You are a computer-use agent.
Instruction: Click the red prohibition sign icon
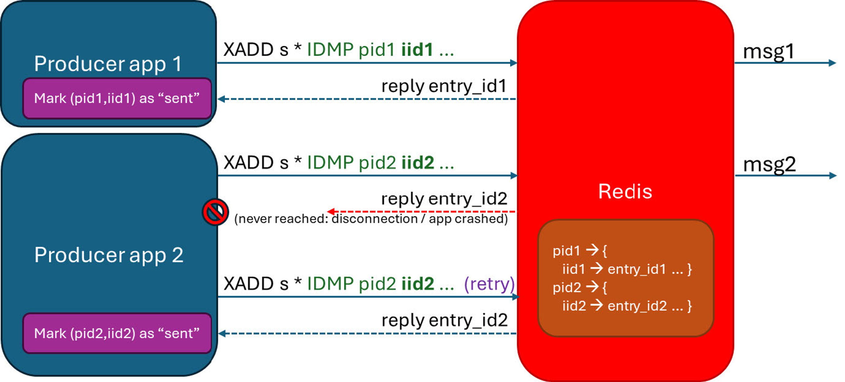coord(215,212)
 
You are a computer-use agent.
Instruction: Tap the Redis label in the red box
coord(625,191)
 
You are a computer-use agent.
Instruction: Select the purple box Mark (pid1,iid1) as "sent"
coord(117,98)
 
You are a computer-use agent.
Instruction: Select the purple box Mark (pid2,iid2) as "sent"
coord(117,333)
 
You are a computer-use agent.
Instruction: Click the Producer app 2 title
coord(108,255)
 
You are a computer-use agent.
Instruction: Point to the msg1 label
coord(768,52)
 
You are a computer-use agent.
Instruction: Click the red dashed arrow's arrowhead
coord(331,211)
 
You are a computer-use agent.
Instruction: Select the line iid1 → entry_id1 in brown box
coord(626,269)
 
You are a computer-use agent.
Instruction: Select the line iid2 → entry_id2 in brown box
coord(626,306)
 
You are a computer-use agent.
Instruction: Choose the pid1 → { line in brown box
coord(580,251)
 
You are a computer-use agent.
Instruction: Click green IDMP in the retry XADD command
coord(330,284)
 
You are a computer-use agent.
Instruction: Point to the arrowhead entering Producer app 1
coord(221,99)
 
